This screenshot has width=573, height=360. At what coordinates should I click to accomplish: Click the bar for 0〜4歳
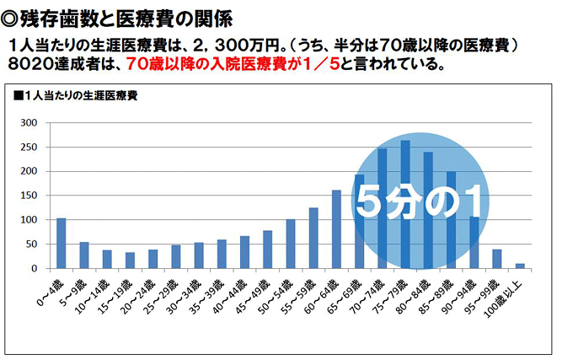pyautogui.click(x=61, y=244)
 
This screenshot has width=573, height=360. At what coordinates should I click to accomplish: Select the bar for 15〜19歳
pyautogui.click(x=130, y=261)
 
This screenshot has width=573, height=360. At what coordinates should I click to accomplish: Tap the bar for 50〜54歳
pyautogui.click(x=291, y=244)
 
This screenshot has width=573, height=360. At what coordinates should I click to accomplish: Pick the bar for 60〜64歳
pyautogui.click(x=336, y=229)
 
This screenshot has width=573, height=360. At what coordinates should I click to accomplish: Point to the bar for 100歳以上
pyautogui.click(x=520, y=266)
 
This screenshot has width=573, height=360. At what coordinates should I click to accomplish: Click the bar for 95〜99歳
pyautogui.click(x=496, y=259)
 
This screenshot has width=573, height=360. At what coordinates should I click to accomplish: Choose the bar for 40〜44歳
pyautogui.click(x=244, y=252)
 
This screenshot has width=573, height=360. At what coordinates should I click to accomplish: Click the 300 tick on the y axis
pyautogui.click(x=30, y=123)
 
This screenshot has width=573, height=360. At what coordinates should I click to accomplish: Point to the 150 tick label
pyautogui.click(x=30, y=196)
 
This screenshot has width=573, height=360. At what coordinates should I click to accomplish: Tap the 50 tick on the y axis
pyautogui.click(x=33, y=244)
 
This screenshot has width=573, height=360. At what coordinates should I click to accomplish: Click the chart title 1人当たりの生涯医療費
pyautogui.click(x=81, y=95)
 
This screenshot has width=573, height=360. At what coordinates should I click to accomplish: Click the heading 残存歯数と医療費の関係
pyautogui.click(x=118, y=18)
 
